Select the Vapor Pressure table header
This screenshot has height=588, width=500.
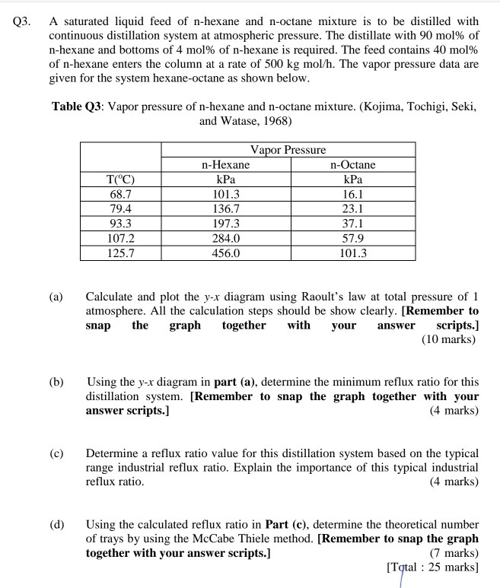pyautogui.click(x=288, y=150)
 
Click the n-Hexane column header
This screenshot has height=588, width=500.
pyautogui.click(x=225, y=164)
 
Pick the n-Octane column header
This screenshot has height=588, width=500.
pyautogui.click(x=352, y=164)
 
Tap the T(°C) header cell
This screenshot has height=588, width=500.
pyautogui.click(x=121, y=180)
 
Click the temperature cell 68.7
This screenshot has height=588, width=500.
pyautogui.click(x=121, y=194)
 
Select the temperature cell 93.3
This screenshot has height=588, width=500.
pyautogui.click(x=121, y=223)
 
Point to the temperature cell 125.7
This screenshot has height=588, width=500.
pyautogui.click(x=121, y=253)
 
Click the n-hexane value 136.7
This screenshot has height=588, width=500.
pyautogui.click(x=225, y=208)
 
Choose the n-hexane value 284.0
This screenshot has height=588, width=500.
pyautogui.click(x=225, y=238)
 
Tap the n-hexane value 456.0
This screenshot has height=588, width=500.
pyautogui.click(x=225, y=253)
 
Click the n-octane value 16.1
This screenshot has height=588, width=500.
pyautogui.click(x=352, y=194)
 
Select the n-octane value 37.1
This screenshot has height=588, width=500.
pyautogui.click(x=352, y=223)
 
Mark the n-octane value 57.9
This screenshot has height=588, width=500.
pyautogui.click(x=352, y=238)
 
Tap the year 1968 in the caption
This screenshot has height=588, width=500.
pyautogui.click(x=278, y=120)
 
